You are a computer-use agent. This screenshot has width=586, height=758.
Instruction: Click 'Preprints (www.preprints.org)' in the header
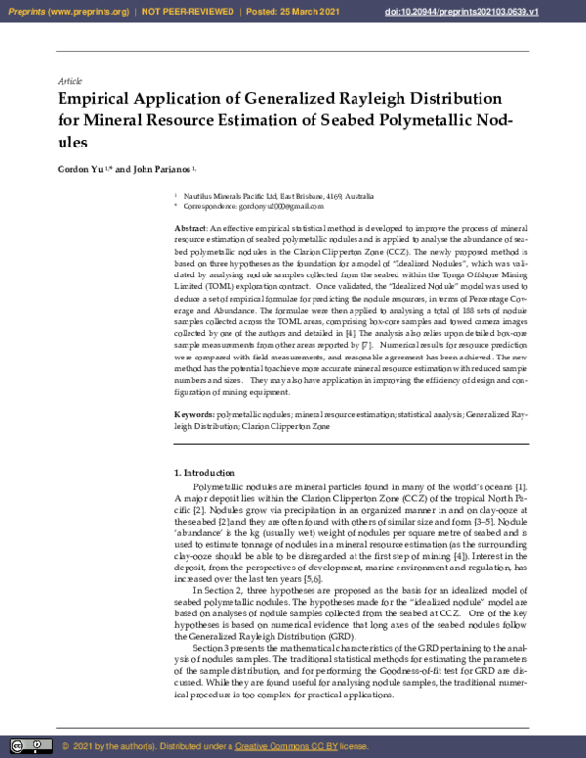pyautogui.click(x=66, y=12)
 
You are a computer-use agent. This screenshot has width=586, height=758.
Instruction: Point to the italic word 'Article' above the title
pyautogui.click(x=70, y=80)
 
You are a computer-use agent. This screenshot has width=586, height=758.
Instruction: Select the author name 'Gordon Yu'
pyautogui.click(x=85, y=169)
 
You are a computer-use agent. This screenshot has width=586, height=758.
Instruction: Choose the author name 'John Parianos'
pyautogui.click(x=162, y=169)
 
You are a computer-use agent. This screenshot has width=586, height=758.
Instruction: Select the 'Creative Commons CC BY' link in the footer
pyautogui.click(x=285, y=746)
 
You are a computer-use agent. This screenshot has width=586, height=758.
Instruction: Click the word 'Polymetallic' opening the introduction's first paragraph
pyautogui.click(x=221, y=485)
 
